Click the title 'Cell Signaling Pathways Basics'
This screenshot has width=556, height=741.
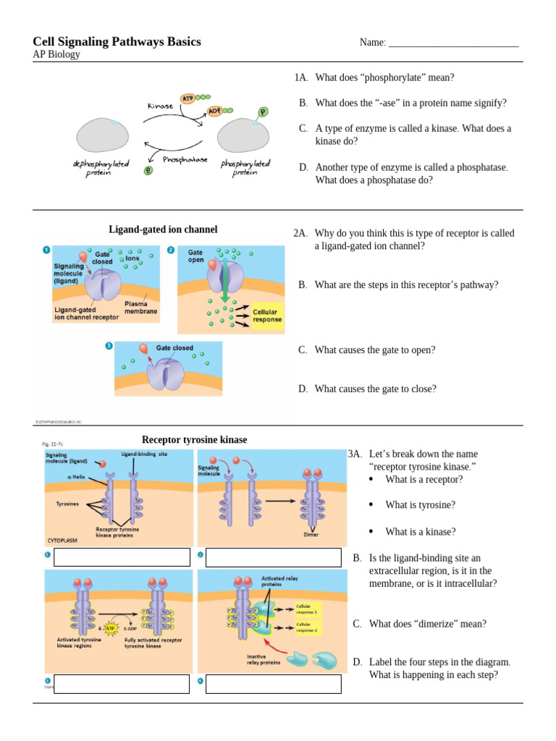117,42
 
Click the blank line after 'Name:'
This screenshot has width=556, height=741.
454,43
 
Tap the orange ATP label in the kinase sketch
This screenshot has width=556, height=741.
188,97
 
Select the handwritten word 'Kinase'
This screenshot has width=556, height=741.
161,106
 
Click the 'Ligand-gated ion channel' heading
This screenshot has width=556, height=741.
163,229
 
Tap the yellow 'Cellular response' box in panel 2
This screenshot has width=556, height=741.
265,316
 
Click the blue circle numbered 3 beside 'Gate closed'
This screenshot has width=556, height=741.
109,346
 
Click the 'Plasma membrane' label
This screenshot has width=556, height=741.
140,308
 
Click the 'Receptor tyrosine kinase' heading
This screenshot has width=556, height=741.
194,439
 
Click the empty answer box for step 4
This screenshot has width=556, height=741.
273,684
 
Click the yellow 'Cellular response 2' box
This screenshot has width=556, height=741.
305,626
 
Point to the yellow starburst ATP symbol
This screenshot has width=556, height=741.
111,629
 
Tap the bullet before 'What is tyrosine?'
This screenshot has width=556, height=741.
371,504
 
